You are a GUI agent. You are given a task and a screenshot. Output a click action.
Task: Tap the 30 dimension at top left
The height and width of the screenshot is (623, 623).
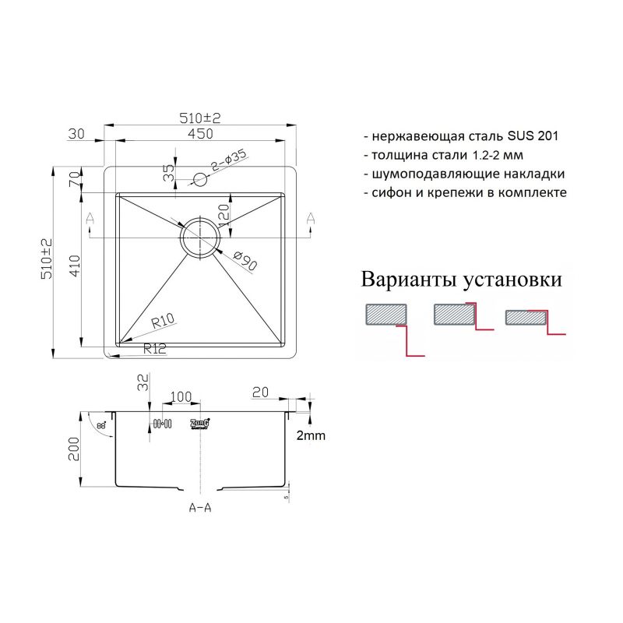click(x=76, y=134)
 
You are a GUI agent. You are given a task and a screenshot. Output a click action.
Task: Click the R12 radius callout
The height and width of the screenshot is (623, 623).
click(x=155, y=350)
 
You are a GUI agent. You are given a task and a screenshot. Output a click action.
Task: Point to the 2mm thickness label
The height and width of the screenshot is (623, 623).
click(x=311, y=436)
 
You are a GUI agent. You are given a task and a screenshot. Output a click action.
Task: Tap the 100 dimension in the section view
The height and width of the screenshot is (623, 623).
click(x=180, y=397)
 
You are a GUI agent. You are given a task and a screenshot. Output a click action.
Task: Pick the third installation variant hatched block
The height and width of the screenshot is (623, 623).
click(x=526, y=317)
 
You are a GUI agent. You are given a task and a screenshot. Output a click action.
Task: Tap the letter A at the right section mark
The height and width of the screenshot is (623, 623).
click(x=311, y=219)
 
